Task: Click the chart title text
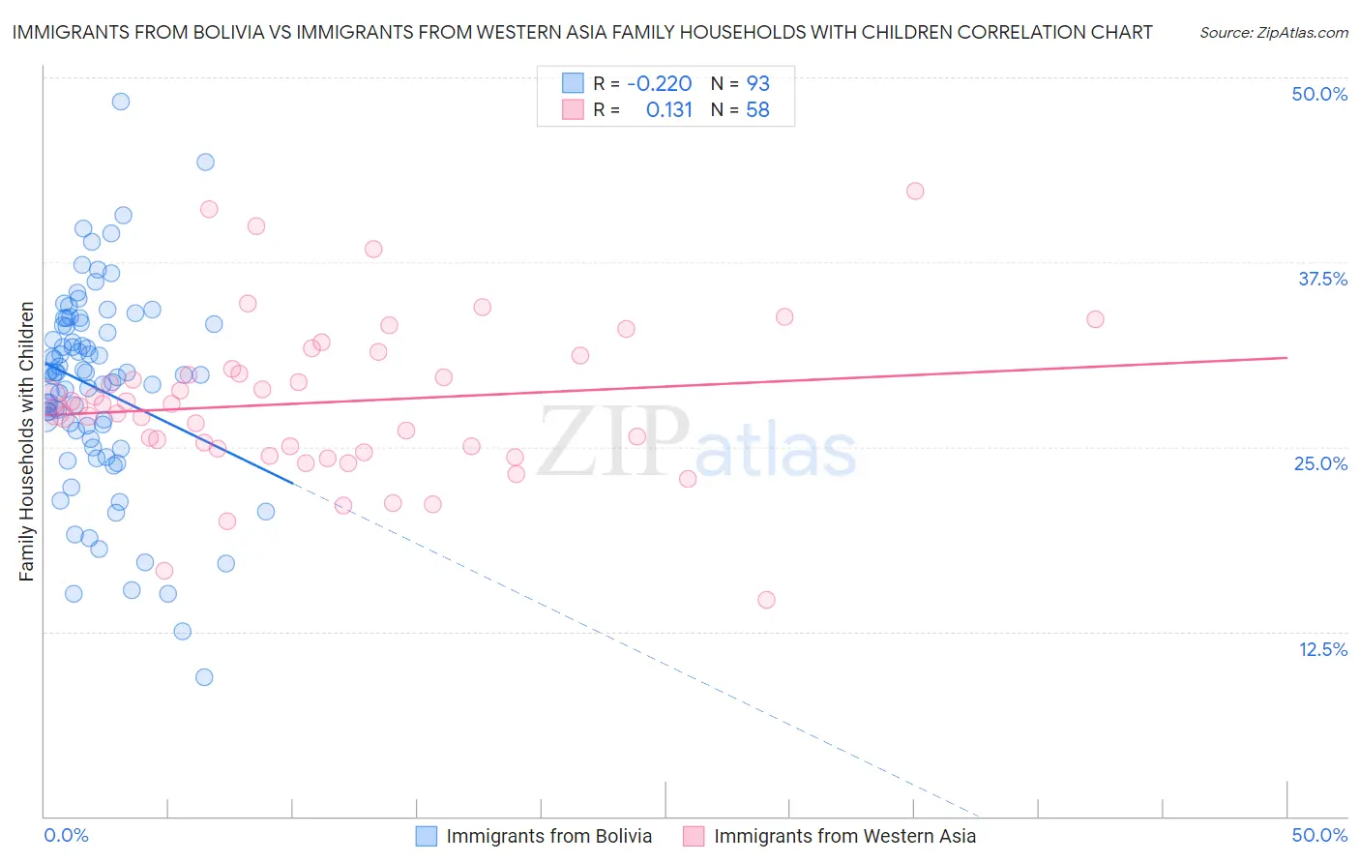(x=581, y=32)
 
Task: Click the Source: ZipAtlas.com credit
(x=1273, y=33)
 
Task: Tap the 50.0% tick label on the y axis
(x=1319, y=94)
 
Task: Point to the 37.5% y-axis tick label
(x=1322, y=279)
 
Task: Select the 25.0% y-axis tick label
(x=1320, y=463)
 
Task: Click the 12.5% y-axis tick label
(x=1322, y=649)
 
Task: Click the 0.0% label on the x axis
(x=66, y=835)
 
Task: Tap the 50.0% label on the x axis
(x=1319, y=835)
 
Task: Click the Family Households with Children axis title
(x=27, y=441)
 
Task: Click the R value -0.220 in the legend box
(x=659, y=83)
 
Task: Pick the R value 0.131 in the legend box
(x=669, y=110)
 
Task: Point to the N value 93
(x=757, y=83)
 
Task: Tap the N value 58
(x=757, y=110)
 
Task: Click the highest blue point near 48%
(x=121, y=102)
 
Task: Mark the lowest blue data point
(x=204, y=677)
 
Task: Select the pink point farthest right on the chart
(x=1095, y=319)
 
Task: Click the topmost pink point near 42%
(x=915, y=192)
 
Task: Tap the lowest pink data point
(x=766, y=600)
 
